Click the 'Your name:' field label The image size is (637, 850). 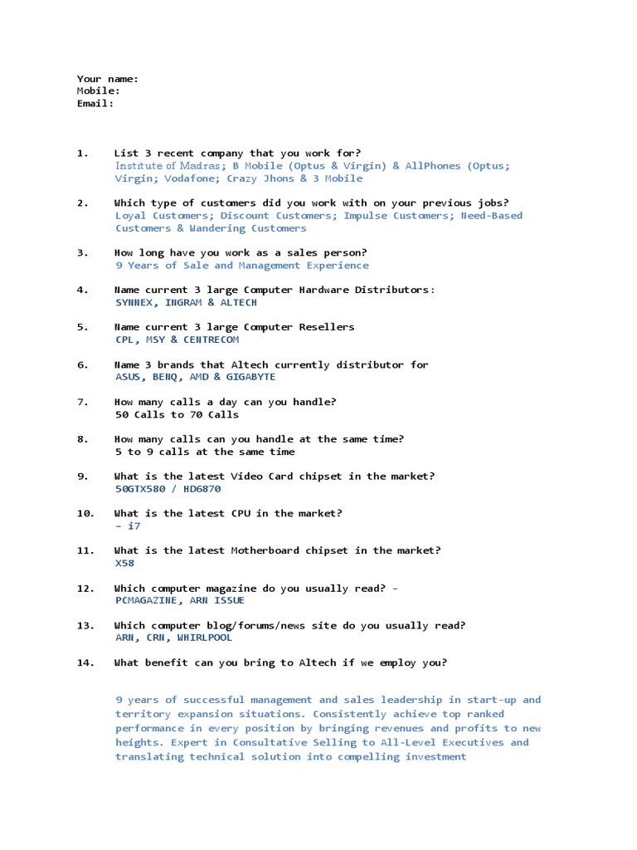coord(108,79)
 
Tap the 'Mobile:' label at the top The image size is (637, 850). coord(99,91)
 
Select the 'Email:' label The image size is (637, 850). coord(95,104)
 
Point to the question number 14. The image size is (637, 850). coord(86,662)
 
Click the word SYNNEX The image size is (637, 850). coord(135,302)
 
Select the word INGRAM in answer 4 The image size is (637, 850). coord(183,302)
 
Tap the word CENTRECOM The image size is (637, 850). coord(211,340)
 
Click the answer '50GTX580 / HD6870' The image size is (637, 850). coord(168,489)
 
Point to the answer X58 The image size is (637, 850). coord(124,563)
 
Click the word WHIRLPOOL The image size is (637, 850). coord(205,637)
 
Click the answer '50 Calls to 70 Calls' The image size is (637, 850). coord(177,414)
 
